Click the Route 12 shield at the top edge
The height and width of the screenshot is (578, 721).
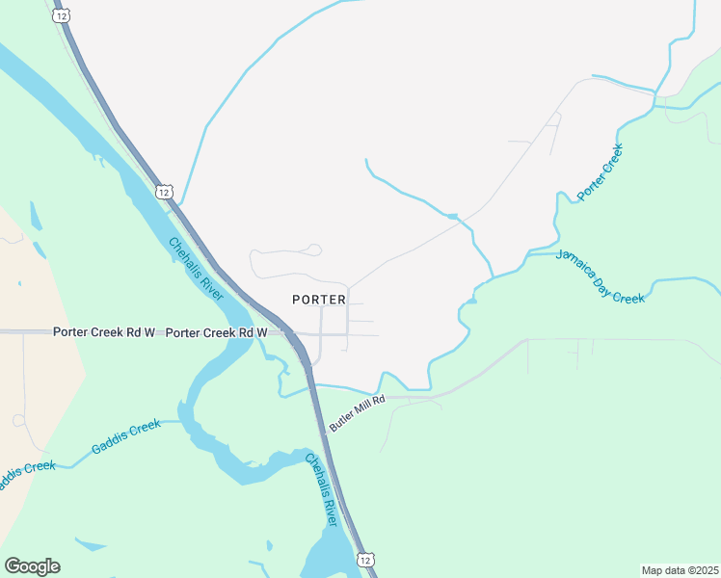point(63,17)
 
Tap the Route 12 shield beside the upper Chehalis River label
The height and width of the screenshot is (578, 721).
point(164,192)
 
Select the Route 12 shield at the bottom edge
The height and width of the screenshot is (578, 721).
point(363,560)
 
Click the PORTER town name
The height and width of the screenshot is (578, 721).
point(319,300)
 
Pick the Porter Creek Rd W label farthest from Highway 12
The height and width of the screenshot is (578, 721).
point(104,332)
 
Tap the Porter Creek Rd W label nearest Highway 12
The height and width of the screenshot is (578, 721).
point(216,332)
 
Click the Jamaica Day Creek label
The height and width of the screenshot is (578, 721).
point(601,276)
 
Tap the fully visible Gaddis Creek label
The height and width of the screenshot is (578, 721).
point(126,436)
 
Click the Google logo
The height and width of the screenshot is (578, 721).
point(33,566)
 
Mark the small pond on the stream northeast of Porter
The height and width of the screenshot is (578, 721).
point(451,215)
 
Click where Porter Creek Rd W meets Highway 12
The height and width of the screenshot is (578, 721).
point(288,333)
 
